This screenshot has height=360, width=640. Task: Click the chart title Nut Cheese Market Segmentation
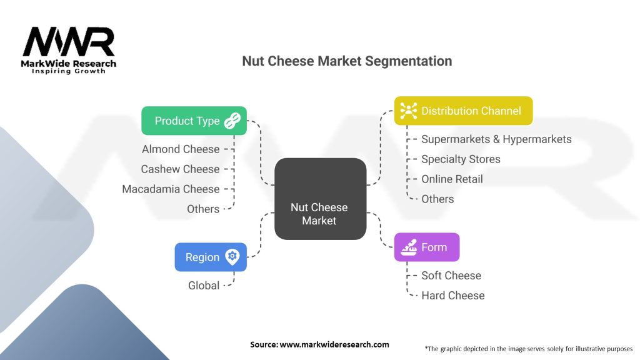click(346, 61)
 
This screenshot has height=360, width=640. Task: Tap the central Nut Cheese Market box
click(320, 199)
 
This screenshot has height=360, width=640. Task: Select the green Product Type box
click(194, 121)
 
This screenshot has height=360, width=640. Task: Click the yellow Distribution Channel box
click(463, 111)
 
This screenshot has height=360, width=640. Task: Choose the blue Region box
click(210, 257)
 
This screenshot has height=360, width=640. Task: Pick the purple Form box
click(427, 247)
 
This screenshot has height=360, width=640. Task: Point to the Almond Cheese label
click(181, 149)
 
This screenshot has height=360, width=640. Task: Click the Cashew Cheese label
click(180, 169)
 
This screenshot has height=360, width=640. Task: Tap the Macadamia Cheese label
click(171, 189)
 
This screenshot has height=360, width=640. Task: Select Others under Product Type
click(203, 209)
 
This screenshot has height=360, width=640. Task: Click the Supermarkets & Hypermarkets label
click(496, 139)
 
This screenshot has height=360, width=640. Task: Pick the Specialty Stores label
click(461, 159)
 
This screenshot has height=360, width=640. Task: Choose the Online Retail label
click(452, 179)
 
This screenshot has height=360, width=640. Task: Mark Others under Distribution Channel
click(437, 199)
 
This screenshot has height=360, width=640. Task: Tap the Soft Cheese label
click(451, 276)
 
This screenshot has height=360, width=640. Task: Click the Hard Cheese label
click(452, 296)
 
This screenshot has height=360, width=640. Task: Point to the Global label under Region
click(204, 286)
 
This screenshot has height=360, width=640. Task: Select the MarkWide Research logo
click(69, 50)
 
